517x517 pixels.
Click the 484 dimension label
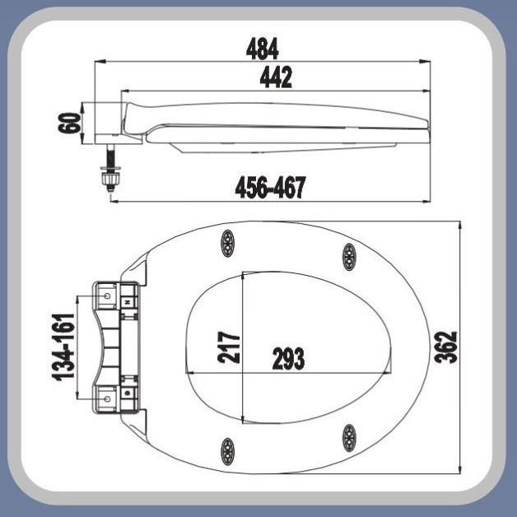(x=262, y=49)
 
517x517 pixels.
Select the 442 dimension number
(x=276, y=77)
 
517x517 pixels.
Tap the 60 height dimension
(x=70, y=123)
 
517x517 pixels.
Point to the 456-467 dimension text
(x=270, y=187)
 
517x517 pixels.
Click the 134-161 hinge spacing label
(x=63, y=347)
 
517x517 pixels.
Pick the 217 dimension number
(x=229, y=347)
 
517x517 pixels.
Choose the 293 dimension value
(x=288, y=358)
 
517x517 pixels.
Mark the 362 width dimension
(x=445, y=347)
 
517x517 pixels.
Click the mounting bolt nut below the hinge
(x=112, y=179)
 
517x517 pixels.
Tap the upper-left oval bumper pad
(x=227, y=243)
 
